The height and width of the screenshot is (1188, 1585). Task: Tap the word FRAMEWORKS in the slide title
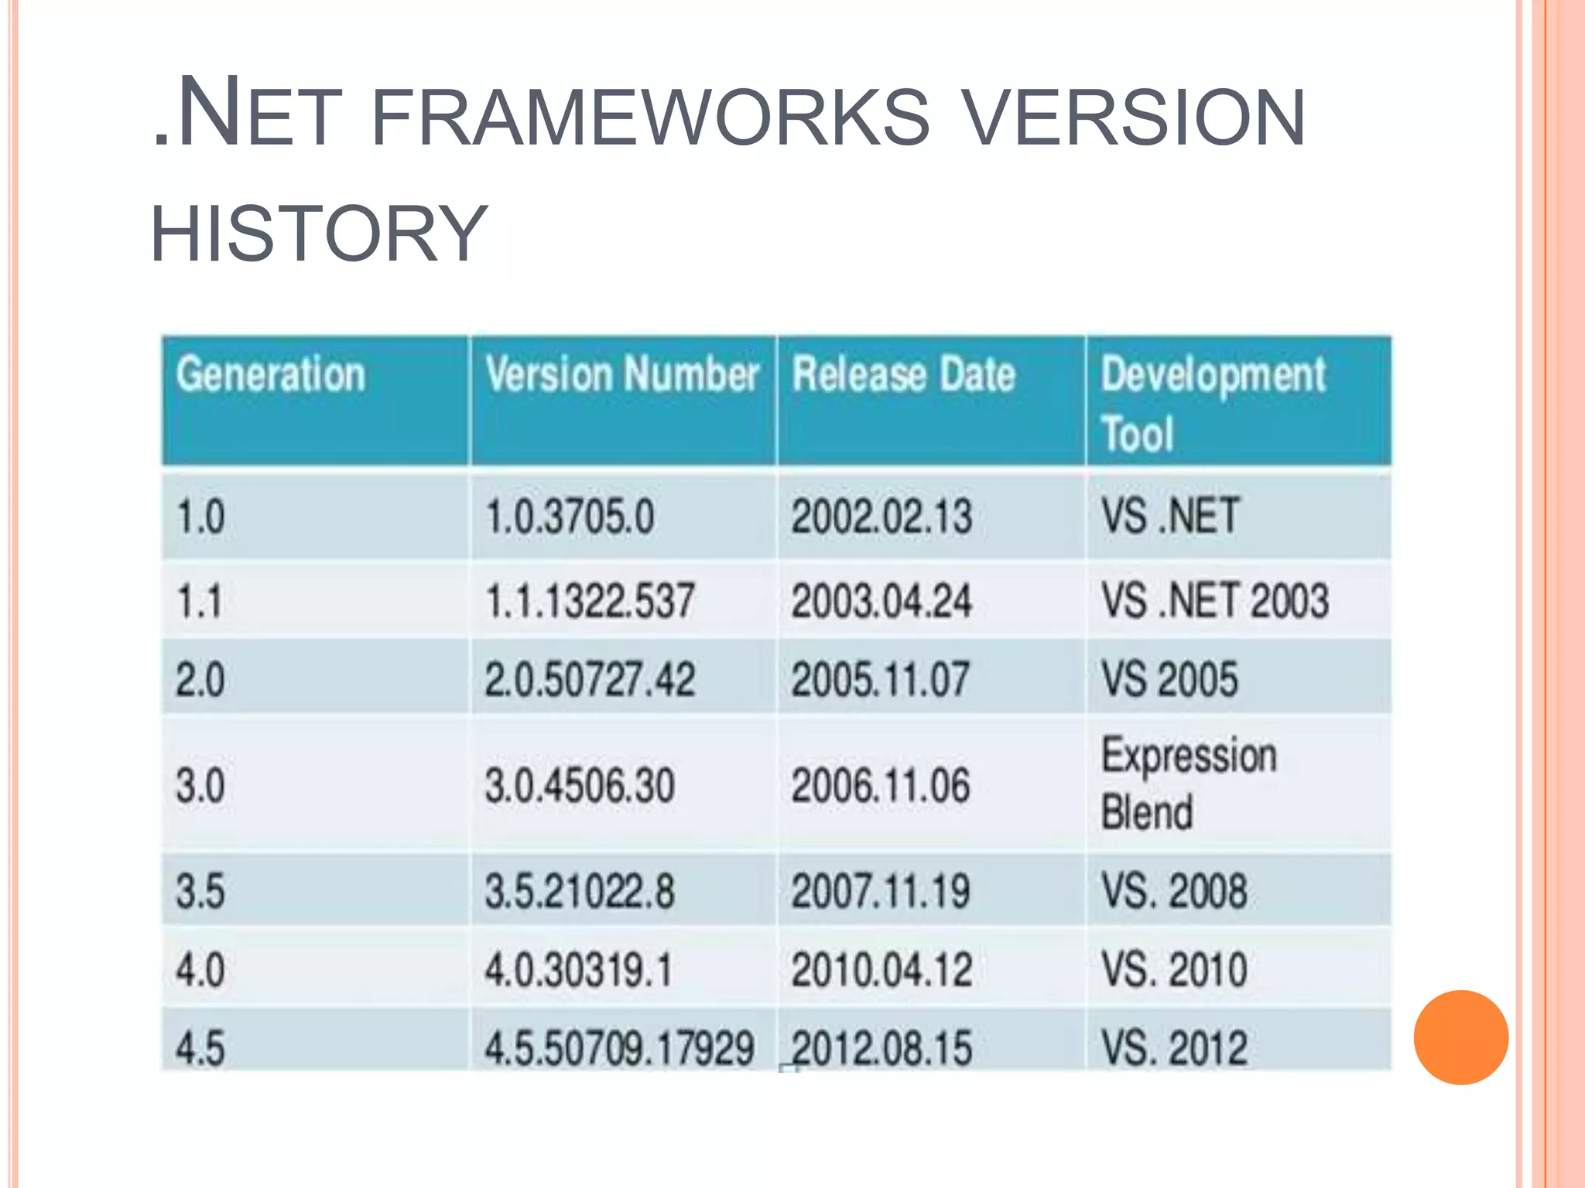pyautogui.click(x=650, y=118)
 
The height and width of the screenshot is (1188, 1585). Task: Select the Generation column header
pyautogui.click(x=270, y=375)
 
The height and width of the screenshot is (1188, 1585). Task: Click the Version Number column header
pyautogui.click(x=621, y=374)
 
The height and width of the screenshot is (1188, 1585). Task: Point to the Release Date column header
pyautogui.click(x=903, y=375)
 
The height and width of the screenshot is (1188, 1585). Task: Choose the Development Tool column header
pyautogui.click(x=1213, y=403)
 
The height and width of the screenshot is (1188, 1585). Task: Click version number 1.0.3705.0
pyautogui.click(x=570, y=516)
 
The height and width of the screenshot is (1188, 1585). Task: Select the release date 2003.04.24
pyautogui.click(x=881, y=601)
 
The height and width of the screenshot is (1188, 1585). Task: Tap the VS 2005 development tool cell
pyautogui.click(x=1169, y=679)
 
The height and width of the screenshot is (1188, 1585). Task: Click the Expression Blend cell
pyautogui.click(x=1188, y=783)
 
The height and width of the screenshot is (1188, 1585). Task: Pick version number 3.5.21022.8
pyautogui.click(x=580, y=891)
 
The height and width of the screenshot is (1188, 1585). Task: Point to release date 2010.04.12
pyautogui.click(x=881, y=970)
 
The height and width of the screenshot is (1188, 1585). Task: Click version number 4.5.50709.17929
pyautogui.click(x=619, y=1049)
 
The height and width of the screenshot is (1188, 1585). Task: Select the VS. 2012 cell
pyautogui.click(x=1174, y=1049)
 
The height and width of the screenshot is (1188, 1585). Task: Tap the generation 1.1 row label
pyautogui.click(x=200, y=601)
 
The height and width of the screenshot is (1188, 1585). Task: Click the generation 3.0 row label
pyautogui.click(x=200, y=785)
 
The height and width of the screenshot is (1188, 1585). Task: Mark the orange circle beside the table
pyautogui.click(x=1460, y=1037)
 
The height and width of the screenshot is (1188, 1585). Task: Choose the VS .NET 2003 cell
pyautogui.click(x=1214, y=601)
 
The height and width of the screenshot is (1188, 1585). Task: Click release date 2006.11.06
pyautogui.click(x=880, y=785)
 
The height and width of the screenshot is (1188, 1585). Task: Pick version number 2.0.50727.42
pyautogui.click(x=590, y=679)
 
